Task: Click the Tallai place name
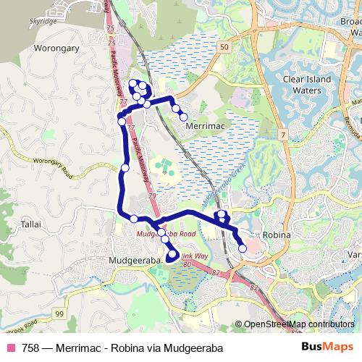click(x=31, y=225)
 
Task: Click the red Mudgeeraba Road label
click(x=166, y=235)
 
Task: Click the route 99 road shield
click(x=59, y=313)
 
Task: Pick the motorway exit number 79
click(x=152, y=196)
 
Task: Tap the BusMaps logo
click(x=327, y=348)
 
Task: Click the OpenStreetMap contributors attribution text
click(x=299, y=324)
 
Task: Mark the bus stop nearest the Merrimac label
click(x=183, y=117)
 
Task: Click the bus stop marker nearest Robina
click(x=242, y=248)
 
